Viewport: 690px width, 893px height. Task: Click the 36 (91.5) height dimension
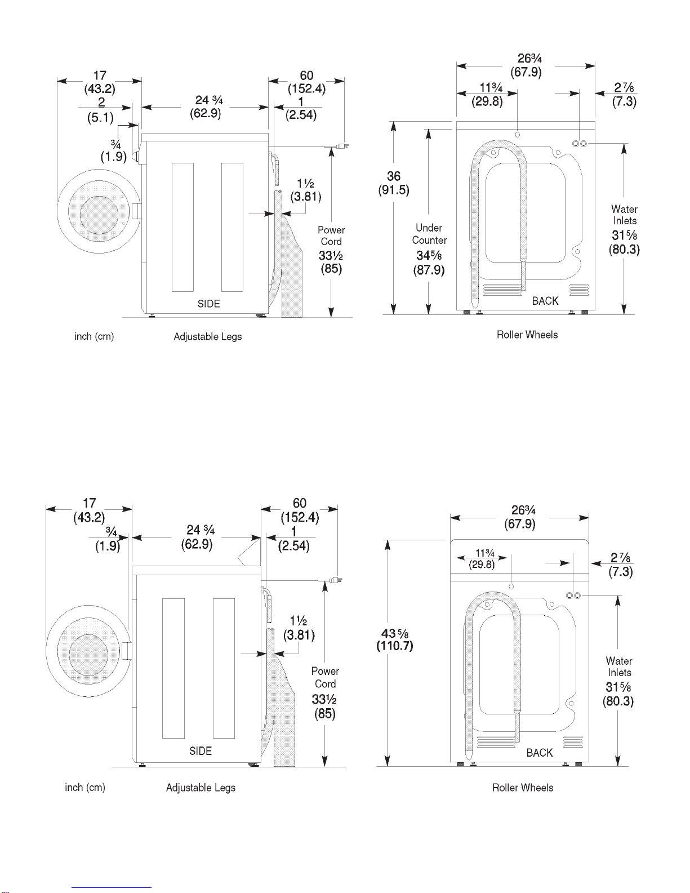tap(394, 183)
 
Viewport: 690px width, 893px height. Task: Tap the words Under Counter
tap(429, 234)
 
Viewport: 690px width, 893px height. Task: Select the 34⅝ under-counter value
tap(429, 256)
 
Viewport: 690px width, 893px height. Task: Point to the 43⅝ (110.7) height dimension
tap(394, 639)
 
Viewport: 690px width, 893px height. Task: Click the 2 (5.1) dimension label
tap(101, 110)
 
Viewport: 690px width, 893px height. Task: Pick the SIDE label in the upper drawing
tap(208, 304)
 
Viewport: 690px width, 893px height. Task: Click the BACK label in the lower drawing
tap(539, 753)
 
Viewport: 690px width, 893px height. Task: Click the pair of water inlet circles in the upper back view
tap(580, 144)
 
